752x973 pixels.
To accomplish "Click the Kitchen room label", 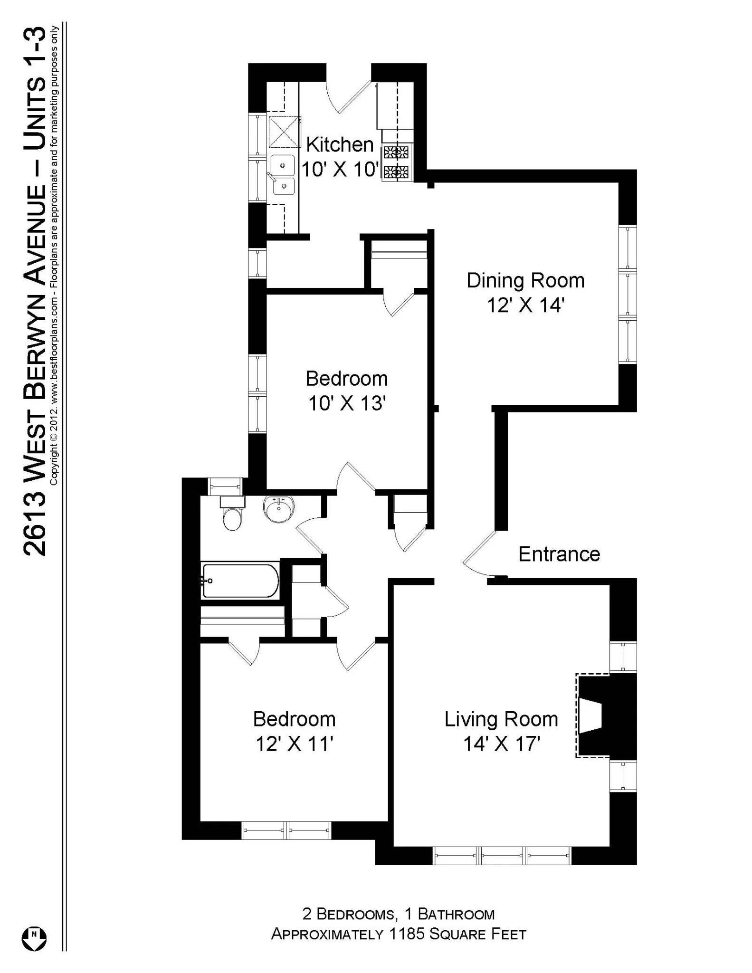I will [x=340, y=145].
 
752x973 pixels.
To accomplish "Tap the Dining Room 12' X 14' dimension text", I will [x=525, y=305].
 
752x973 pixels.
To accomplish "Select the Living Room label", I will [x=501, y=719].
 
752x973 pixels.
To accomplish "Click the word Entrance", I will [x=559, y=554].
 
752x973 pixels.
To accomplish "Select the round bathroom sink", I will [x=279, y=509].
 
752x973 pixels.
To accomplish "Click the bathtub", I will [x=240, y=581].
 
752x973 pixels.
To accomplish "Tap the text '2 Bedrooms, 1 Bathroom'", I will [x=398, y=914].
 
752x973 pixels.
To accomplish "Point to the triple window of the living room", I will [x=502, y=855].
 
